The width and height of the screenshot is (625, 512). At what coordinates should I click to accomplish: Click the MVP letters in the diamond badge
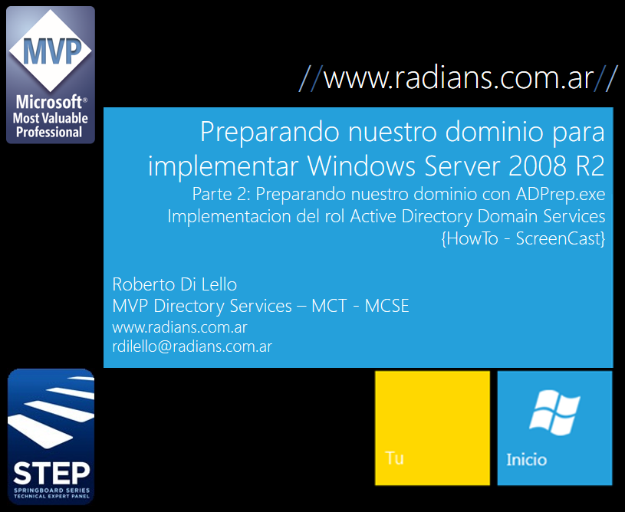(x=52, y=51)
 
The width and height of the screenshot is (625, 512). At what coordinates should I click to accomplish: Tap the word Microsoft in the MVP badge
(x=48, y=103)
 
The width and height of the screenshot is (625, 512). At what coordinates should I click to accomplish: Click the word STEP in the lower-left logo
(x=51, y=474)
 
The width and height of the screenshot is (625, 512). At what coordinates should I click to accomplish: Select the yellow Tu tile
(x=433, y=428)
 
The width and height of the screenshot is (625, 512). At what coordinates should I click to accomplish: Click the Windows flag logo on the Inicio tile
(x=554, y=412)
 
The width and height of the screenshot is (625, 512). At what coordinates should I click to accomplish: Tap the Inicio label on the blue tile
(x=527, y=460)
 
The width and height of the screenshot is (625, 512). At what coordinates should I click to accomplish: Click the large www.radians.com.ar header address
(x=459, y=78)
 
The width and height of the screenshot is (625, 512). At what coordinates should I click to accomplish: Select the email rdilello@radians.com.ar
(x=192, y=346)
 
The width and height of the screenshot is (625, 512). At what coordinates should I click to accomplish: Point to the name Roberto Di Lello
(x=175, y=284)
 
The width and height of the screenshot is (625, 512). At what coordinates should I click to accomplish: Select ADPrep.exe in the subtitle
(x=561, y=194)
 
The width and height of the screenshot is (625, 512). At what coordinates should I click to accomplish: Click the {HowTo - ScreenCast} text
(x=523, y=238)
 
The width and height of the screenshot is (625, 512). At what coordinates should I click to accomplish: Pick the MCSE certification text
(x=387, y=306)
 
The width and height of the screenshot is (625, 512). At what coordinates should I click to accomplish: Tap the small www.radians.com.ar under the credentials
(x=179, y=327)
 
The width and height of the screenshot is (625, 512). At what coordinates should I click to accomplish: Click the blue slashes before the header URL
(x=311, y=78)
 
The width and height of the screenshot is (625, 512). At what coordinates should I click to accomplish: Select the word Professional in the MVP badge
(x=49, y=133)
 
